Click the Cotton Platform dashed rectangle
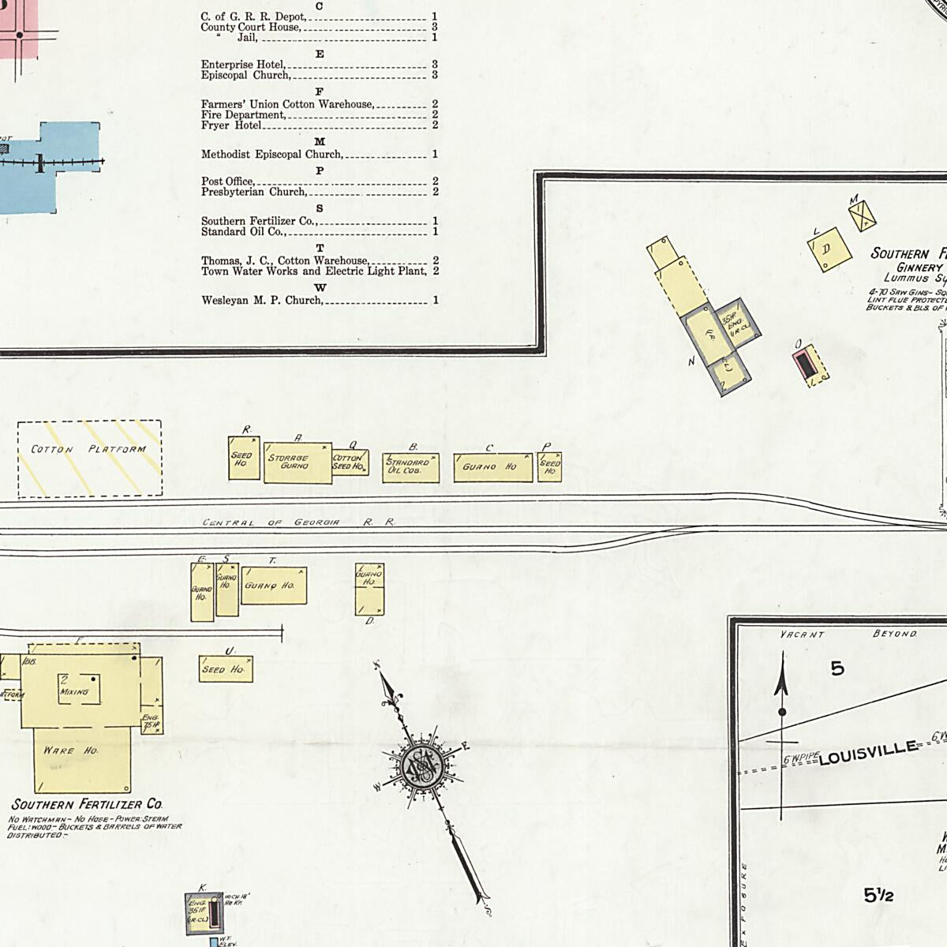click(x=89, y=458)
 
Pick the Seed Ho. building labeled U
click(x=226, y=669)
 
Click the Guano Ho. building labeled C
click(x=492, y=467)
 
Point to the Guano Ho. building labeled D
click(x=369, y=590)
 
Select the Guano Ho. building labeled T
click(x=273, y=585)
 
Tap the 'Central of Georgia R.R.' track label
click(x=298, y=522)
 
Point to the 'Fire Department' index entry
click(x=242, y=114)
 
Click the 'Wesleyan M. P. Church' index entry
click(x=261, y=300)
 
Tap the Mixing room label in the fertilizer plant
click(x=74, y=692)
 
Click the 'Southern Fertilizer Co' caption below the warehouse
click(x=87, y=804)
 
